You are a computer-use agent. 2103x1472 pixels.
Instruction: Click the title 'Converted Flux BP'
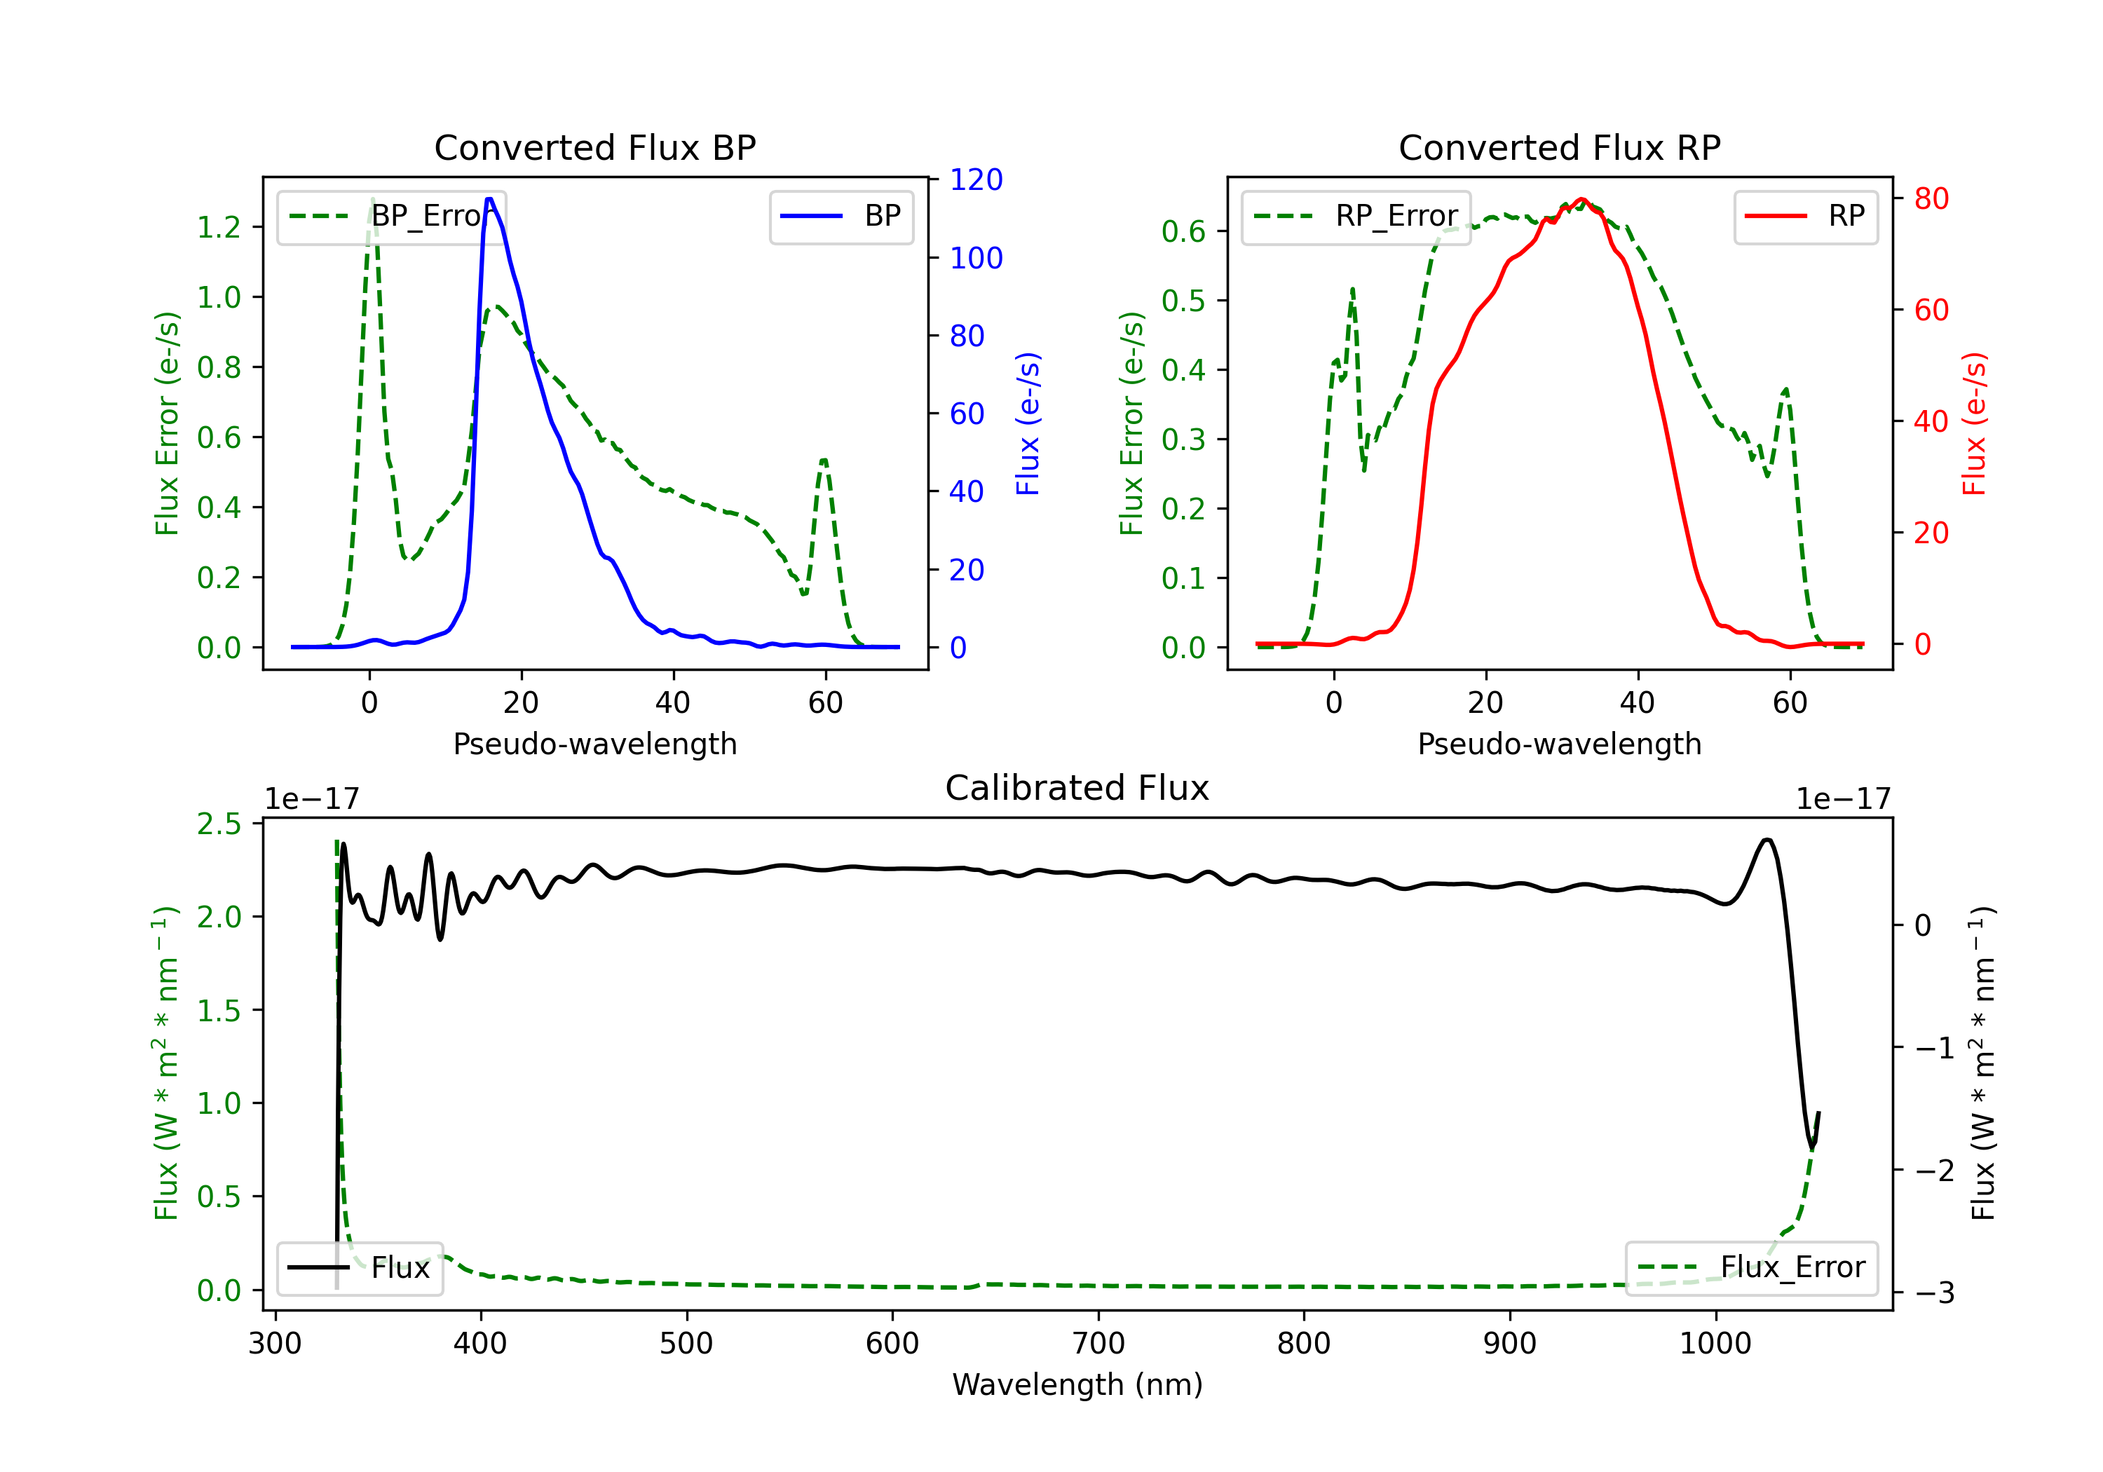coord(594,147)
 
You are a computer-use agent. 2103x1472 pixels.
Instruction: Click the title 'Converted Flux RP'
coord(1559,147)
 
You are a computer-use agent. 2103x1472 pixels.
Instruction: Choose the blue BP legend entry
coord(840,216)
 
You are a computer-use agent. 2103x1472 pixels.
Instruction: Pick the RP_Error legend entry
coord(1356,216)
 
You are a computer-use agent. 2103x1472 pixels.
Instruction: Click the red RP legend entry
coord(1805,216)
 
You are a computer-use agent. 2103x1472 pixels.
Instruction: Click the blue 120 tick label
coord(976,179)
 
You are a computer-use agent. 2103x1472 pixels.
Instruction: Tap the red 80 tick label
coord(1931,199)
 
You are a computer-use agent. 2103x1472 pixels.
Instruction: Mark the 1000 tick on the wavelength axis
coord(1715,1343)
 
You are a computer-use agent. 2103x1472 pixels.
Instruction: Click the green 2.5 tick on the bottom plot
coord(219,824)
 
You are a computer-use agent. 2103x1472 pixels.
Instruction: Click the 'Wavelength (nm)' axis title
coord(1077,1384)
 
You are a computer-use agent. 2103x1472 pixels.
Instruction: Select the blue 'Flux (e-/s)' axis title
coord(1028,423)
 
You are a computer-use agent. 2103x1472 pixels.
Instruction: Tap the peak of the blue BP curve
coord(489,199)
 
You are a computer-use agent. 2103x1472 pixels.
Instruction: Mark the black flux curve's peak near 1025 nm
coord(1767,840)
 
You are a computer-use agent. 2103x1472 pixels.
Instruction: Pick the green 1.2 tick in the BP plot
coord(219,227)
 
